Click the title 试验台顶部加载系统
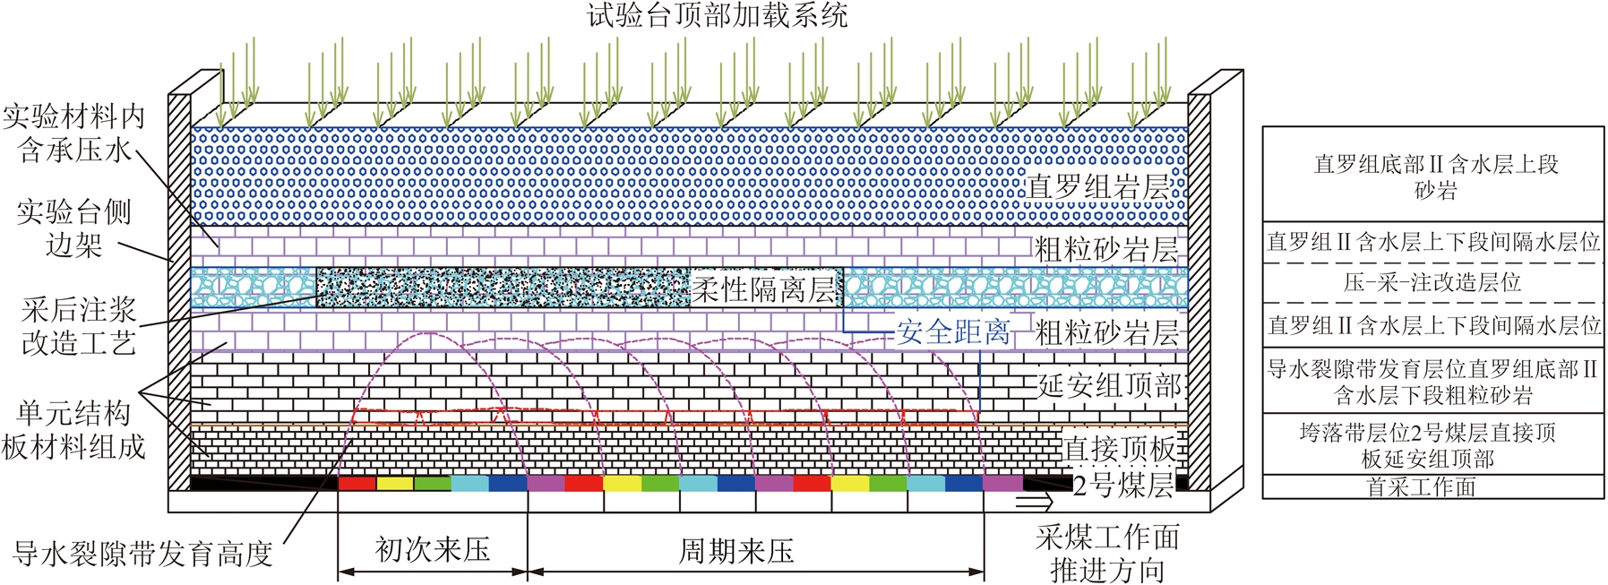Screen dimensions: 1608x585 tap(717, 15)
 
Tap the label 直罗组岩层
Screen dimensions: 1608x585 tap(1098, 187)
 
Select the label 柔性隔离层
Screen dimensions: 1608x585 tap(763, 288)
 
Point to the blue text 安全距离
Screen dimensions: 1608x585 tap(953, 332)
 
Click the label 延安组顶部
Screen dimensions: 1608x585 tap(1109, 385)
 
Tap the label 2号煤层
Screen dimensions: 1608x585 tap(1123, 485)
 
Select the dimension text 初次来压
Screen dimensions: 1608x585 tap(433, 549)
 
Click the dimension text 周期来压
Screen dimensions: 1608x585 tap(736, 550)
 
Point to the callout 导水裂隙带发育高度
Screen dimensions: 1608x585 tap(143, 554)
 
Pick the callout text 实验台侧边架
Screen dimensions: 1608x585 tap(73, 228)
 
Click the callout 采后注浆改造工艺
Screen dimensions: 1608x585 tap(79, 326)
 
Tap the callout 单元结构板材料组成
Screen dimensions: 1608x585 tap(73, 430)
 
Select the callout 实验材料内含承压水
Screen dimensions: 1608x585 tap(73, 133)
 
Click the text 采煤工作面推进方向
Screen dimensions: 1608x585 tap(1107, 553)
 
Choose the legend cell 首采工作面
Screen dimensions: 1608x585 tap(1433, 486)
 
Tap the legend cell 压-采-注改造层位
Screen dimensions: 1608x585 tap(1433, 283)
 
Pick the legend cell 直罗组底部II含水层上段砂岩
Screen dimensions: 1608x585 tap(1433, 176)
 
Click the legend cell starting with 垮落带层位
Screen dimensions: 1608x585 tap(1433, 444)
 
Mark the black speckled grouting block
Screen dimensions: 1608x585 tap(504, 288)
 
